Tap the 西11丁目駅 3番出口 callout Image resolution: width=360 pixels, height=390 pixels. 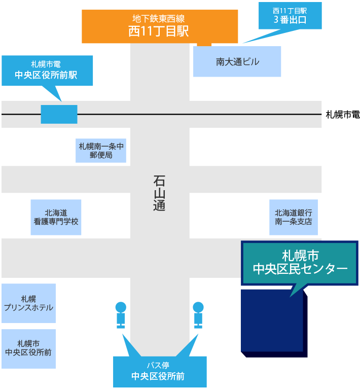(290, 16)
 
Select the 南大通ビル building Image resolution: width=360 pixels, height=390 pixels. (237, 62)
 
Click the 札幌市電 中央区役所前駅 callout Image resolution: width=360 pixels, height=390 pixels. (47, 70)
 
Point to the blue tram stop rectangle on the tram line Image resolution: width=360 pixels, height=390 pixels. (59, 114)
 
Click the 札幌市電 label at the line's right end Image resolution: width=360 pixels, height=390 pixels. (342, 115)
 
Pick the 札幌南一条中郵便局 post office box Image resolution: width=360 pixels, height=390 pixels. (101, 150)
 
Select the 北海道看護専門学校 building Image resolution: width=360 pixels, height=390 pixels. (56, 217)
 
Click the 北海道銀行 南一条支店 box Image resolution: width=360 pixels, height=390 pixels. (294, 217)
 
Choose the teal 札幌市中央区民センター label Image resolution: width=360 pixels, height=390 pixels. (300, 263)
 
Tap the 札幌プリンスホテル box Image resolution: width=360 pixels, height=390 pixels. (28, 303)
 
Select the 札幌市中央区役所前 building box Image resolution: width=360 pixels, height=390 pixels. (28, 348)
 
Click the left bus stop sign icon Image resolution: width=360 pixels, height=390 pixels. (121, 315)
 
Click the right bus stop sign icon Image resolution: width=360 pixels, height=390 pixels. (198, 315)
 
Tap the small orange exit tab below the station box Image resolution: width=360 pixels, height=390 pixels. (204, 44)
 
